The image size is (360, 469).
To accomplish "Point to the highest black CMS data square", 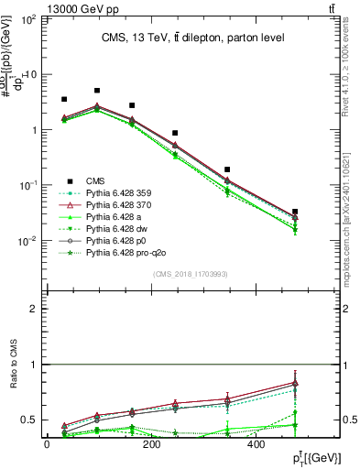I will (x=97, y=91).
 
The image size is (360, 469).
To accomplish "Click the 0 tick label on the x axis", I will (x=47, y=444).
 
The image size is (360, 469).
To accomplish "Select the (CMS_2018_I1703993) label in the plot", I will (x=191, y=274).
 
